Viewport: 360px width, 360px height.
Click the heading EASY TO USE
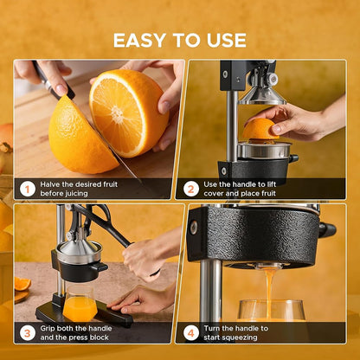tap(180, 40)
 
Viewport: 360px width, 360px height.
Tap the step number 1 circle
tap(28, 188)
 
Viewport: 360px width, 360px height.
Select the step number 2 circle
tap(191, 188)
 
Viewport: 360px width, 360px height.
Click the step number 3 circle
tap(28, 333)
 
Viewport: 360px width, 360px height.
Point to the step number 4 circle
tap(191, 333)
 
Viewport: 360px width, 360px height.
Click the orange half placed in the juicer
tap(259, 130)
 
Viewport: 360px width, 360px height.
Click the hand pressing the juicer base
tap(144, 299)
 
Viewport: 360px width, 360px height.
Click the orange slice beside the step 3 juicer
tap(22, 284)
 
